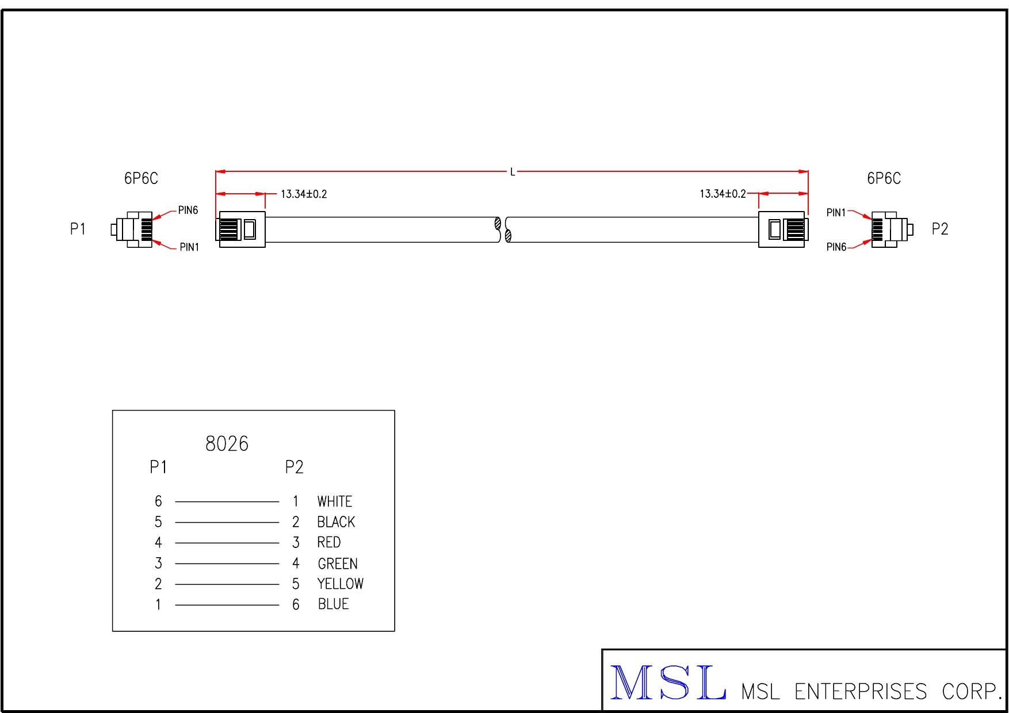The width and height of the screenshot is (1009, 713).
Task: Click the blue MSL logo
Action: (667, 683)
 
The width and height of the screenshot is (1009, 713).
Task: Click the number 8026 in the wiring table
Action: (227, 444)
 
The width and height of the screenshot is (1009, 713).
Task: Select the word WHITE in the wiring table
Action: (334, 501)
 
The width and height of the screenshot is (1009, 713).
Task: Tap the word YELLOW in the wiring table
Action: (340, 584)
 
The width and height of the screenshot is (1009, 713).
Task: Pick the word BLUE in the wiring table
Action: (333, 604)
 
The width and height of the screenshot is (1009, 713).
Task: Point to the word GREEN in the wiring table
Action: (338, 563)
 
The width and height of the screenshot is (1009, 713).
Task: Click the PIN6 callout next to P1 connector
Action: (188, 210)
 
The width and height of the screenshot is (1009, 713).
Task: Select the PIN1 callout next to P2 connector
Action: (836, 213)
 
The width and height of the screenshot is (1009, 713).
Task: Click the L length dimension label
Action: (513, 172)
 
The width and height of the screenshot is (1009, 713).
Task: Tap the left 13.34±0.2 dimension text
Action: (304, 194)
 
